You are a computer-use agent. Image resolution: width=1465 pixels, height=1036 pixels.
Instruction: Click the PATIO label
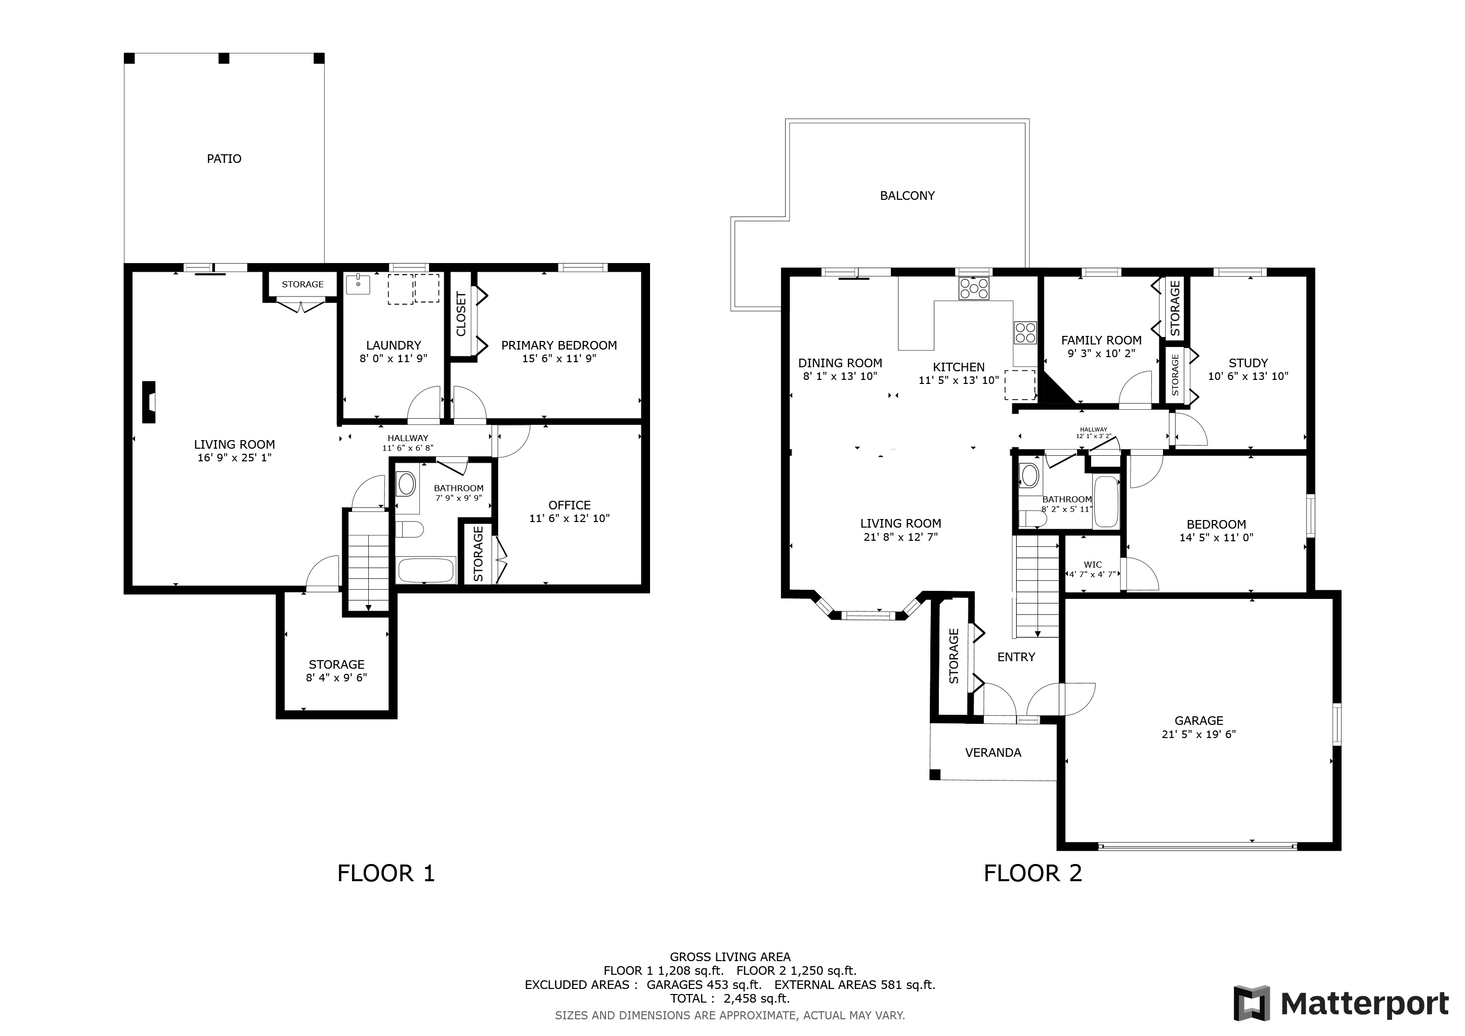pos(224,159)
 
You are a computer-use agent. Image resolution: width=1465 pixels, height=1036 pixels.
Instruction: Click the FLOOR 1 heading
pos(386,873)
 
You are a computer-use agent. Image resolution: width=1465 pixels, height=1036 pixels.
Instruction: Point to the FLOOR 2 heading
pos(1033,873)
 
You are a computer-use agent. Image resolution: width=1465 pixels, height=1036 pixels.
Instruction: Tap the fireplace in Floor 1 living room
pos(149,402)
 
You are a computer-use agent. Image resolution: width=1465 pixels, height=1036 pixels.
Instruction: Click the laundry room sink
pos(358,284)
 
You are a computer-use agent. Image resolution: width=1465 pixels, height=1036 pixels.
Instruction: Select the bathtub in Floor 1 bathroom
pos(426,570)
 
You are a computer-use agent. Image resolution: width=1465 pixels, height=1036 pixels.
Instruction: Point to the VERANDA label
pos(993,753)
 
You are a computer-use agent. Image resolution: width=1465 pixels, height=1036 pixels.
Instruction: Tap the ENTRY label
pos(1016,657)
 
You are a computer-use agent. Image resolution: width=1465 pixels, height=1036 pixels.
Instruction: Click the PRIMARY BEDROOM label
pos(559,345)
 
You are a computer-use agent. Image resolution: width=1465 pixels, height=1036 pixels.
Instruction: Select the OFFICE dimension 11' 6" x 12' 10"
pos(569,519)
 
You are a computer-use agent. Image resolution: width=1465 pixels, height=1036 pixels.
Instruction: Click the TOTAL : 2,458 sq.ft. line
pos(730,999)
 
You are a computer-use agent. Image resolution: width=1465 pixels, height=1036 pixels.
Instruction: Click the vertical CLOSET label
pos(461,314)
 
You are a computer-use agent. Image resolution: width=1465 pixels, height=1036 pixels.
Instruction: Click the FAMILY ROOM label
pos(1101,340)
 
